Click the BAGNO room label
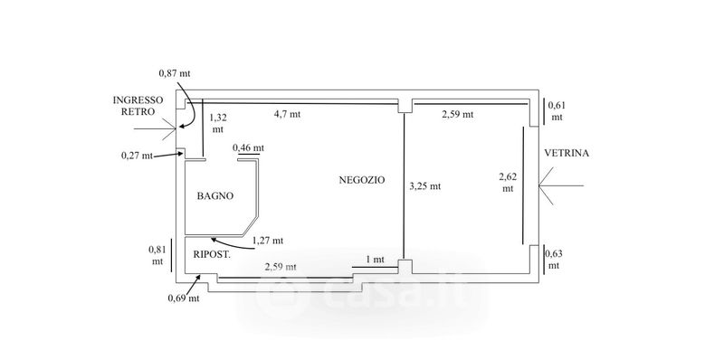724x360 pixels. [215, 195]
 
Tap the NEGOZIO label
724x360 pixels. [361, 180]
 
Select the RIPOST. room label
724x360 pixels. [212, 254]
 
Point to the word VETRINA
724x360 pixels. [567, 153]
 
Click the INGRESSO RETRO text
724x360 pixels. [138, 106]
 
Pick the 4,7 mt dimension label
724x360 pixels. [287, 114]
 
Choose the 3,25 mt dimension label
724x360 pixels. [424, 186]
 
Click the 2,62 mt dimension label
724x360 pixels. [508, 182]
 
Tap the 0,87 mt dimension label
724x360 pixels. [175, 73]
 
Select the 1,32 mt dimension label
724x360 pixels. [218, 123]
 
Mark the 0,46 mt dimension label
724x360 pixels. [248, 147]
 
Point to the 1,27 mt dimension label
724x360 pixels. [268, 240]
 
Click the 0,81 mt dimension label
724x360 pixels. [157, 255]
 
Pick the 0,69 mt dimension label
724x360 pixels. [184, 298]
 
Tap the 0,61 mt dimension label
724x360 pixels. [557, 110]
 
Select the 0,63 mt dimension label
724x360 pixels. [555, 260]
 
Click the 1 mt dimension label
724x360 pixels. [375, 260]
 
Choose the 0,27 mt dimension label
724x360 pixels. [138, 156]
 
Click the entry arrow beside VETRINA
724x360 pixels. [561, 186]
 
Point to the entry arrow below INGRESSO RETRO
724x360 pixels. [155, 128]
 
